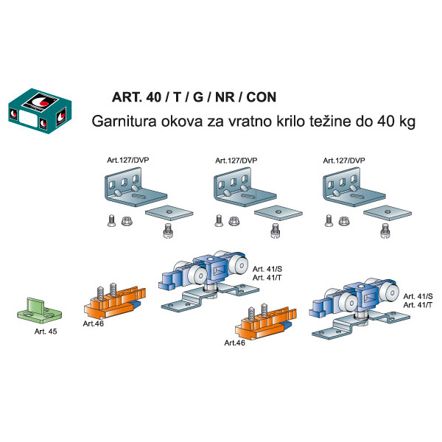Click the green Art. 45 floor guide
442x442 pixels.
click(x=39, y=310)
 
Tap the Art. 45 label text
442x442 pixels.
click(x=46, y=331)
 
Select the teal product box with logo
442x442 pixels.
click(x=40, y=111)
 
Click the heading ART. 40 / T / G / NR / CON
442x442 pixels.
click(x=194, y=97)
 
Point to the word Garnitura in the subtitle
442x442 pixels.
click(x=124, y=122)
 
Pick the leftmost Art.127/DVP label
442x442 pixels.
click(x=127, y=160)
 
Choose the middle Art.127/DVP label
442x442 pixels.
click(x=236, y=161)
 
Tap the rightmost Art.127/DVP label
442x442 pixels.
click(x=344, y=161)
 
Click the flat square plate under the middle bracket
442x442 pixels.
click(x=278, y=213)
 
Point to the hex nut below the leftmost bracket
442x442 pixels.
click(x=127, y=221)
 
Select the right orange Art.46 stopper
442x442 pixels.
click(x=266, y=322)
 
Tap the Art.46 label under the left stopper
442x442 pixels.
click(x=94, y=323)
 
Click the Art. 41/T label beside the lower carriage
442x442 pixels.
click(x=418, y=305)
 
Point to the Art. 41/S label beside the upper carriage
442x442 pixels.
click(x=267, y=269)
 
